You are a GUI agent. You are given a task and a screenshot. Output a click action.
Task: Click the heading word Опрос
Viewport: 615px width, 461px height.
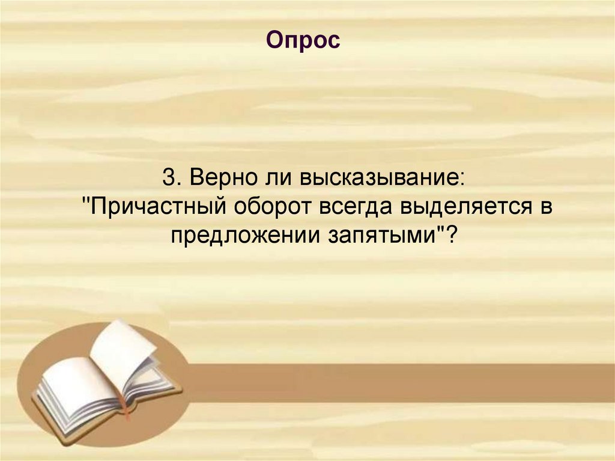click(x=303, y=41)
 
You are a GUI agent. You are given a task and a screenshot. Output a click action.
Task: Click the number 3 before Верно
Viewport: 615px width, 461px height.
click(x=168, y=179)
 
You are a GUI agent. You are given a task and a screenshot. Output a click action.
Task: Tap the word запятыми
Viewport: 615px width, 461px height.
click(x=380, y=235)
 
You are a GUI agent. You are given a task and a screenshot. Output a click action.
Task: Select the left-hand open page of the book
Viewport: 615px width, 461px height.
click(x=75, y=385)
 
